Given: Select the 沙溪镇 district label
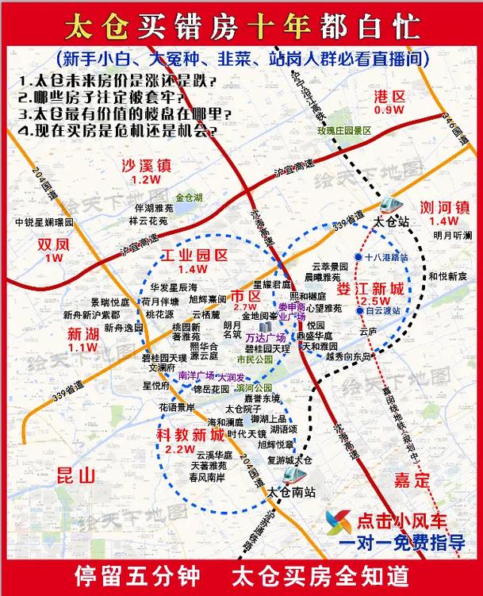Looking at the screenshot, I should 146,166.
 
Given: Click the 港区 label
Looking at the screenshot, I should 389,98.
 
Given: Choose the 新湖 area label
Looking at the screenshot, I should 82,333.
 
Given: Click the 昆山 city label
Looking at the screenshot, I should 76,475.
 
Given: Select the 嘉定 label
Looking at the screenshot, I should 411,480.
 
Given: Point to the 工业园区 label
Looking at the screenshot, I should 194,256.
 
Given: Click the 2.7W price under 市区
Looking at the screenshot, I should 245,307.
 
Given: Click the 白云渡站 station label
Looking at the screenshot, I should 384,311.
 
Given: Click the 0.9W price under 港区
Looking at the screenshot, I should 389,111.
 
